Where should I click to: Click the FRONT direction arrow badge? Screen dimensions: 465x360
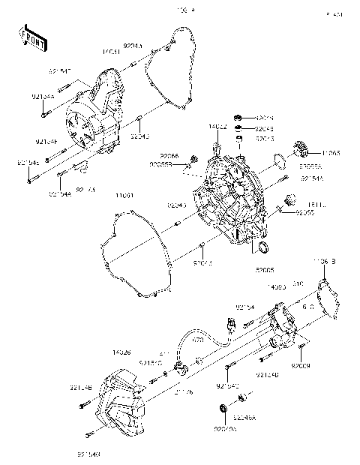(x=28, y=38)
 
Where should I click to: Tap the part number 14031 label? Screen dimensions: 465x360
(x=110, y=52)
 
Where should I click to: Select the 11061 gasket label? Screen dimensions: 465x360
(x=124, y=196)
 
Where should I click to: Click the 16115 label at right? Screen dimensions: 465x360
(x=310, y=203)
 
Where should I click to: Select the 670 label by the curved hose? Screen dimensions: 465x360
(x=199, y=340)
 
